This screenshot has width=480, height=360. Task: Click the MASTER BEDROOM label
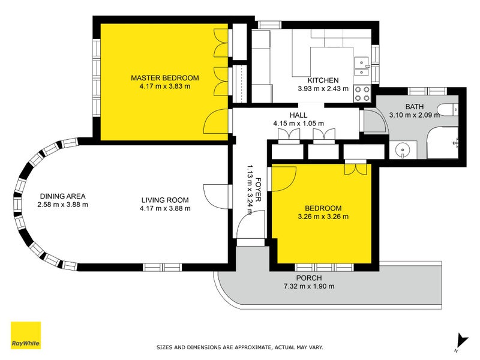pos(164,78)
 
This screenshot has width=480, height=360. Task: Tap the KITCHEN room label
pos(323,80)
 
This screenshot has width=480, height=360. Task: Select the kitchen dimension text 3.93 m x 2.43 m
pos(323,88)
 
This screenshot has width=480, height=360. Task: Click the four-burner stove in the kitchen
pos(362,94)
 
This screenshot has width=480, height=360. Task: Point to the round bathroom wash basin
pos(402,151)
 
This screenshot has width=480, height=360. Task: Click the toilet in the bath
pos(448,110)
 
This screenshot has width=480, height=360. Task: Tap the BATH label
pos(415,107)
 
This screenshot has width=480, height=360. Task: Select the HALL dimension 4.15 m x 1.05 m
pos(298,124)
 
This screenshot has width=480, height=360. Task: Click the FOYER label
pos(258,190)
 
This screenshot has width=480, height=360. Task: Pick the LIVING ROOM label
pos(165,200)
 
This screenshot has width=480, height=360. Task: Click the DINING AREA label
pos(63,196)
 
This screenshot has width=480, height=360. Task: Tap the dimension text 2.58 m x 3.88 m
pos(63,205)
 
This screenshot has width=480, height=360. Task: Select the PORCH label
pos(309,278)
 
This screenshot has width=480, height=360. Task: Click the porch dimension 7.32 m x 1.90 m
pos(309,287)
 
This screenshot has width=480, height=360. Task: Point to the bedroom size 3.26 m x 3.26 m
pos(323,217)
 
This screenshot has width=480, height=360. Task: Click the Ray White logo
pos(26,335)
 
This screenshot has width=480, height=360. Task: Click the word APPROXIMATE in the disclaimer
pos(253,347)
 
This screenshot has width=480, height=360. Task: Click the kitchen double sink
pos(362,67)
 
